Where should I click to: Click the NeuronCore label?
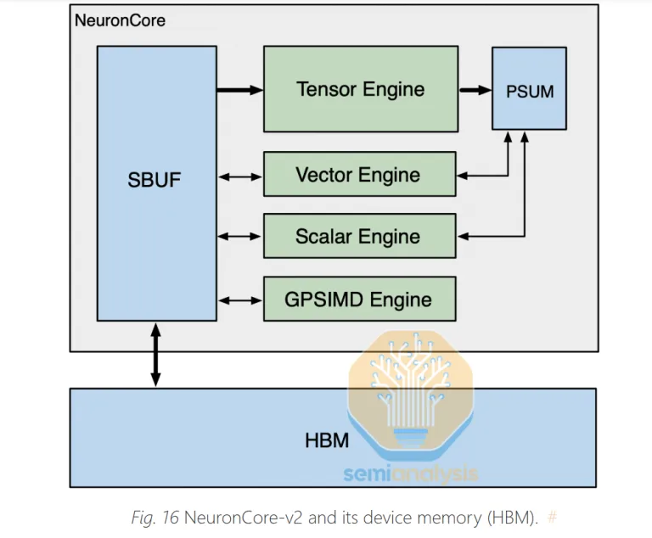click(120, 20)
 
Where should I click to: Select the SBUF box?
click(155, 181)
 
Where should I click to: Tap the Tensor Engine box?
click(360, 89)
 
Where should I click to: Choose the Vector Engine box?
click(359, 176)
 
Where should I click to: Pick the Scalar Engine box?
click(359, 236)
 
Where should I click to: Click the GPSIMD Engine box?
click(359, 299)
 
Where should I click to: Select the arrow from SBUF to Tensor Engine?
click(239, 90)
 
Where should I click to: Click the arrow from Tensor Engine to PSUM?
click(474, 90)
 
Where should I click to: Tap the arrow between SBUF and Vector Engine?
click(239, 177)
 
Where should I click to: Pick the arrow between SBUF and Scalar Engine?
click(239, 237)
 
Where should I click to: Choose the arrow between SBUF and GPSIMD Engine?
click(239, 300)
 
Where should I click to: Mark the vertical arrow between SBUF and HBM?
click(155, 354)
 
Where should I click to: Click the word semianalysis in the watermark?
click(411, 474)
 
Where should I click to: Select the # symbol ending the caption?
click(552, 517)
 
